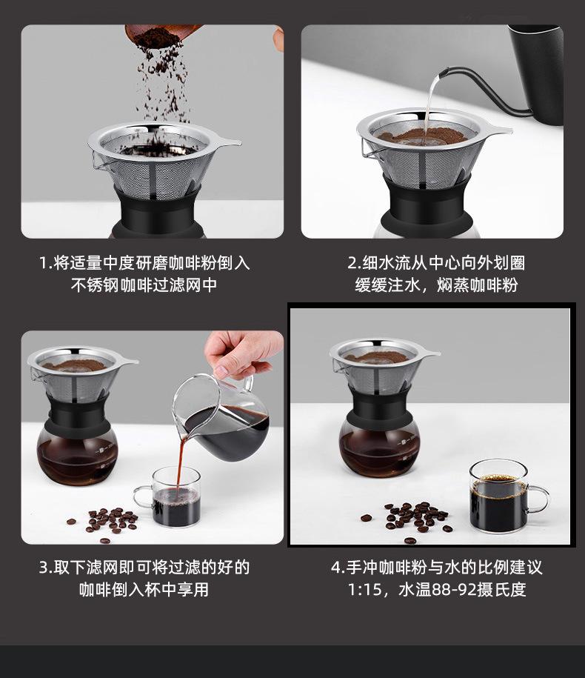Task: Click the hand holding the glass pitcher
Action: pyautogui.click(x=241, y=355)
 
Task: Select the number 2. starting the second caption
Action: pyautogui.click(x=354, y=263)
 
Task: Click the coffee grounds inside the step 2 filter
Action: pyautogui.click(x=421, y=136)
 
